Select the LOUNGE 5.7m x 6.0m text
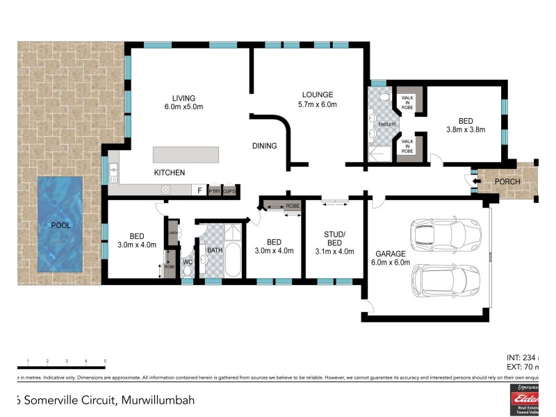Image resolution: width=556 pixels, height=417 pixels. click(318, 99)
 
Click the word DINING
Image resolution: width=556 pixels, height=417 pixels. click(265, 146)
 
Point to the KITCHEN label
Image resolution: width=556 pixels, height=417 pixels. click(170, 172)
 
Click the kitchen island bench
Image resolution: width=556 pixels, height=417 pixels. click(186, 154)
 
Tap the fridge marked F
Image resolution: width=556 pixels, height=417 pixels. click(199, 190)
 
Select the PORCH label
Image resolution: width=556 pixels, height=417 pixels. click(507, 182)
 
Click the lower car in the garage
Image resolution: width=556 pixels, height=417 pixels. click(445, 279)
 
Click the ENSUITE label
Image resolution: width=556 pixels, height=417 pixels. click(387, 125)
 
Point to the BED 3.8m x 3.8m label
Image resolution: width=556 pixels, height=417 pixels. click(465, 124)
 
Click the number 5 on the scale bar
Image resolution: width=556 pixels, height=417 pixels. click(105, 361)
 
